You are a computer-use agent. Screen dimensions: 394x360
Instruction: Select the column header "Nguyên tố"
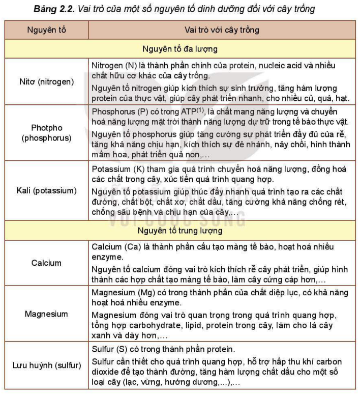pos(46,30)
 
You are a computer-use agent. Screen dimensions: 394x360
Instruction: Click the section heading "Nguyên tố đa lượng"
pos(181,49)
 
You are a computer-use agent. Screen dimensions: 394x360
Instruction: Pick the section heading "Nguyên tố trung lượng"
pos(181,231)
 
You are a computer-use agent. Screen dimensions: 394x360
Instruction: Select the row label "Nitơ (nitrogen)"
pos(46,81)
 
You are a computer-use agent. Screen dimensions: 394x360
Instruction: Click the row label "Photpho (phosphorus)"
pos(46,132)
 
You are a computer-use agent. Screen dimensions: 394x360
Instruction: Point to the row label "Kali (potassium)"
pos(46,191)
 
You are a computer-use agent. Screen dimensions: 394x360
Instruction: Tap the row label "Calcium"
pos(46,263)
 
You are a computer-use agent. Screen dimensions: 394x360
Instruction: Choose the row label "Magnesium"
pos(46,314)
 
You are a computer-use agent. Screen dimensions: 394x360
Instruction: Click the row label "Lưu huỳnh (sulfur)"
pos(46,366)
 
